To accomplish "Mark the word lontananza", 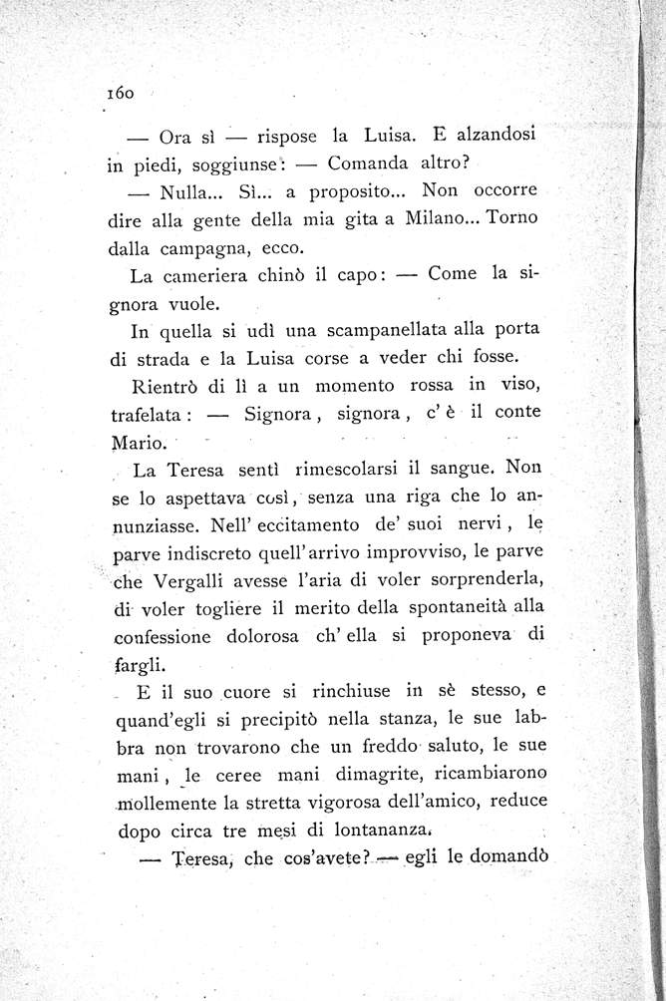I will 384,828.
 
